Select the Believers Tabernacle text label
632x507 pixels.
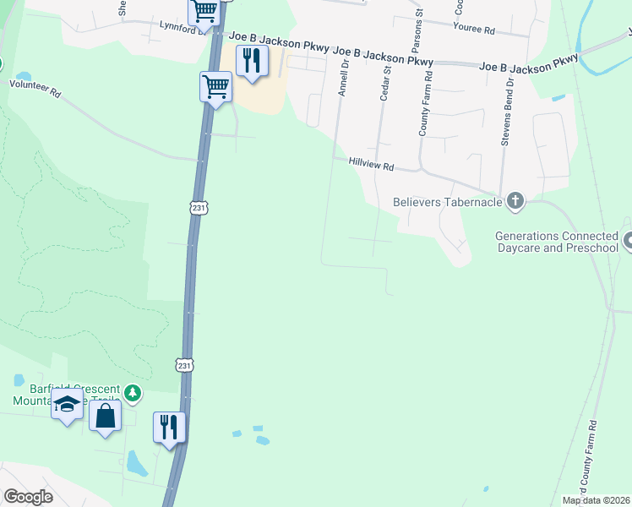tap(448, 202)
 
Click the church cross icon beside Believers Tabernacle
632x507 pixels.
tap(515, 201)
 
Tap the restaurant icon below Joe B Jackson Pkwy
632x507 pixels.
tap(252, 61)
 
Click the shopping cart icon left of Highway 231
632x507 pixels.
tap(215, 85)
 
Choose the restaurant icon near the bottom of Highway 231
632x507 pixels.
tap(169, 426)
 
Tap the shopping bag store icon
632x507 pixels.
tap(105, 415)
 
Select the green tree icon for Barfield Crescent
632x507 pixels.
tap(132, 392)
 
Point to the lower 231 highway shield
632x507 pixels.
tap(185, 364)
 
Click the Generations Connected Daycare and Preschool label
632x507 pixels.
tap(557, 242)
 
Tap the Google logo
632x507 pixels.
tap(29, 497)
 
